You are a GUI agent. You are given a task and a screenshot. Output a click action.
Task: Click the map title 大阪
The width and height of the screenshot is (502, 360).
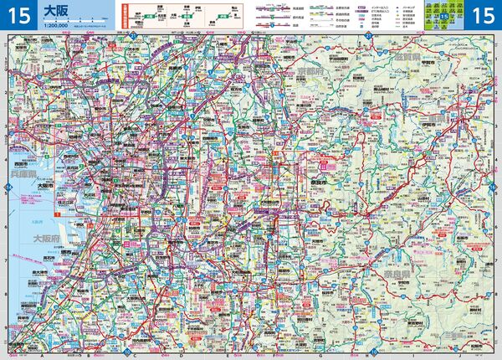click(56, 11)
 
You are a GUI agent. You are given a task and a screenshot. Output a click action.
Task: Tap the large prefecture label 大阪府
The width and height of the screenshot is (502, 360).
click(49, 239)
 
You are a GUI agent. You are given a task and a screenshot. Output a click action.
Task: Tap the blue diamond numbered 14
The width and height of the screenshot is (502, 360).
click(7, 186)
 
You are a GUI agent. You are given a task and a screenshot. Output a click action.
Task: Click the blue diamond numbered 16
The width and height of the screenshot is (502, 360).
click(494, 186)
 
